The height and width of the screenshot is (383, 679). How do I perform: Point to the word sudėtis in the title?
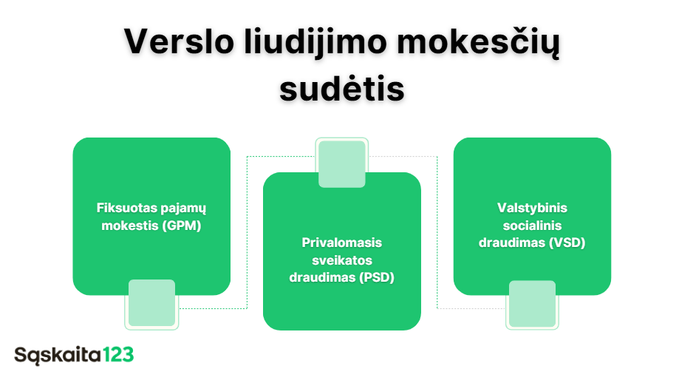pyautogui.click(x=342, y=88)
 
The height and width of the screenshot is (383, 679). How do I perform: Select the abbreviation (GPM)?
pyautogui.click(x=182, y=226)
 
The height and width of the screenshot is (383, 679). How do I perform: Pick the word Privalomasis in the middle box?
pyautogui.click(x=341, y=243)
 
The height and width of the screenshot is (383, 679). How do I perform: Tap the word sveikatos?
pyautogui.click(x=342, y=260)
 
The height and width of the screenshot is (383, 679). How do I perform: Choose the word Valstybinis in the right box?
pyautogui.click(x=532, y=208)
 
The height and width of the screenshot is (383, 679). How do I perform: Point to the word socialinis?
pyautogui.click(x=532, y=226)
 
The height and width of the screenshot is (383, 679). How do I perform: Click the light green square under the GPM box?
pyautogui.click(x=151, y=303)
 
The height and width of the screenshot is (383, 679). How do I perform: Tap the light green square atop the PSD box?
pyautogui.click(x=342, y=164)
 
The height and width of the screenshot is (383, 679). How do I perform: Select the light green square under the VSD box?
pyautogui.click(x=532, y=304)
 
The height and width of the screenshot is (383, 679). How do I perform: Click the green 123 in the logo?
pyautogui.click(x=118, y=355)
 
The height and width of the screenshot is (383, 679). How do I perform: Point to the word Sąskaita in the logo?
pyautogui.click(x=58, y=356)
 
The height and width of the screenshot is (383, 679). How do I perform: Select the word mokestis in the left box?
pyautogui.click(x=130, y=226)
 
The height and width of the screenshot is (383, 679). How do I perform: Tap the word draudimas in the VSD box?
pyautogui.click(x=512, y=243)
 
